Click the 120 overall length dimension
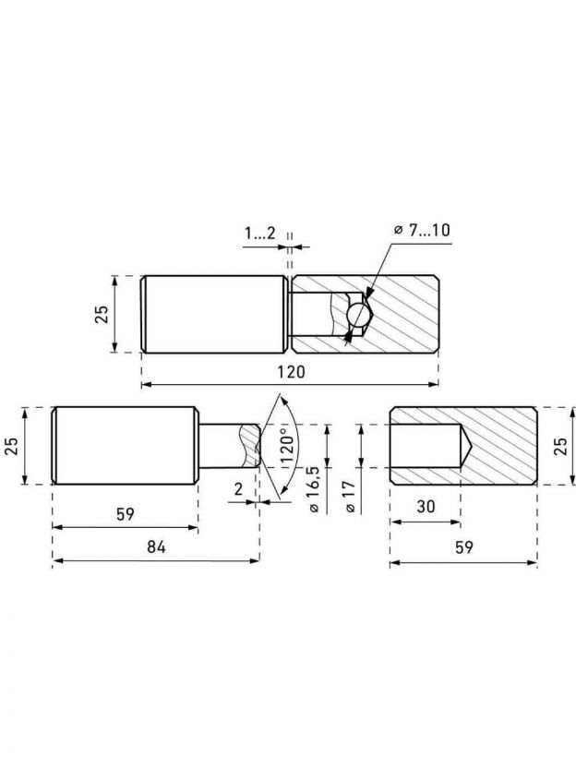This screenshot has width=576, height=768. (x=291, y=371)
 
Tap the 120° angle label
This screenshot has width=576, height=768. (x=287, y=446)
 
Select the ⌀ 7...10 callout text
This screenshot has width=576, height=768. (x=422, y=230)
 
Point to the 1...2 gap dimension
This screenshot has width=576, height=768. (x=260, y=234)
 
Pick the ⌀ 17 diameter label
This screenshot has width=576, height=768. (x=350, y=496)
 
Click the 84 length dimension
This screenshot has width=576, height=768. (x=156, y=546)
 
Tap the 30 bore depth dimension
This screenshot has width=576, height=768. (x=426, y=506)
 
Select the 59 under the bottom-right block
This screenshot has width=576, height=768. (x=463, y=546)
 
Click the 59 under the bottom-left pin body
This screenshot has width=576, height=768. (x=126, y=514)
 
